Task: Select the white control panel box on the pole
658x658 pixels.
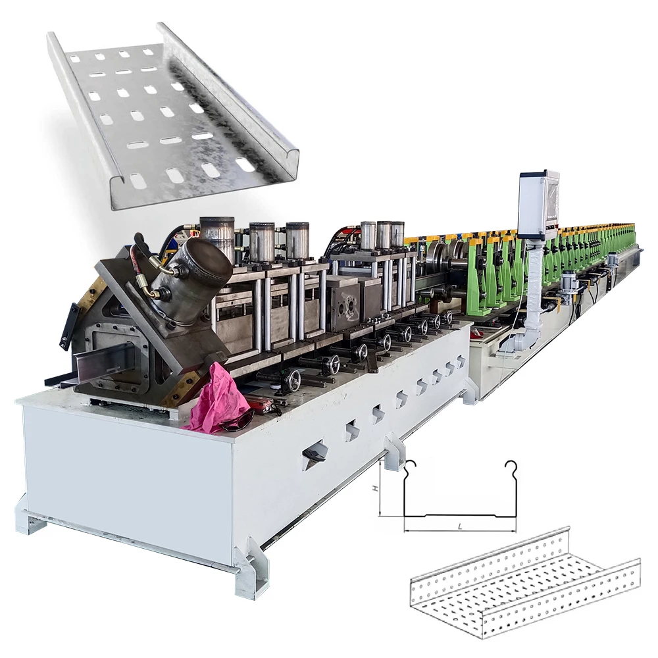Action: [x=539, y=205]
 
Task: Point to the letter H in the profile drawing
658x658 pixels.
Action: [x=374, y=489]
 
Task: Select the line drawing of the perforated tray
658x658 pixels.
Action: [x=523, y=582]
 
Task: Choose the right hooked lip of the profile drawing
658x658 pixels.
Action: [x=510, y=468]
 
